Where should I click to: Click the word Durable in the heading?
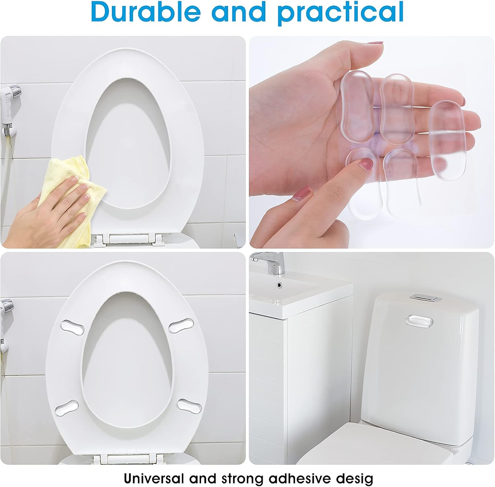click(x=146, y=13)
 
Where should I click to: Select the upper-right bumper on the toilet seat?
click(x=181, y=325)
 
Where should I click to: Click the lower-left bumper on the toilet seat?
click(x=67, y=408)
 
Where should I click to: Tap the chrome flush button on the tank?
click(x=426, y=299)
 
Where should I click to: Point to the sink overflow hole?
click(x=280, y=284)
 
